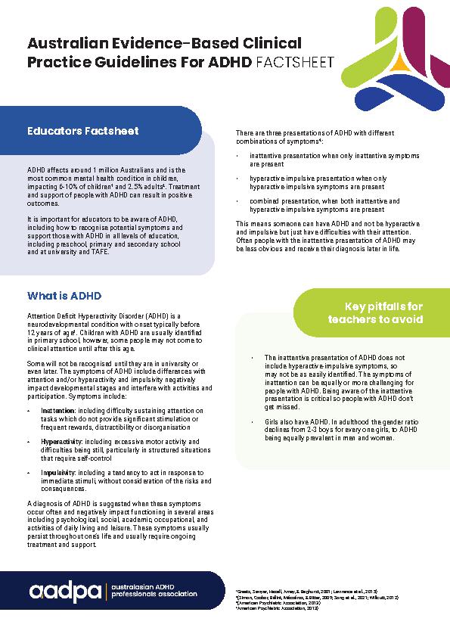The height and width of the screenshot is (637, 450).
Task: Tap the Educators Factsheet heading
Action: (83, 131)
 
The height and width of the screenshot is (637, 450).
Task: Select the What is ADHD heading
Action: (64, 295)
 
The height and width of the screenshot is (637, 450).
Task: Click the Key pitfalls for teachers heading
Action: (374, 312)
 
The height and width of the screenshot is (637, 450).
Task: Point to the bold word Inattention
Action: (58, 409)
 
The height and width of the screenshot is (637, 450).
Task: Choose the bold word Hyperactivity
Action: (62, 441)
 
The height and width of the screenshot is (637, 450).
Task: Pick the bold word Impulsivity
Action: (59, 472)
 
